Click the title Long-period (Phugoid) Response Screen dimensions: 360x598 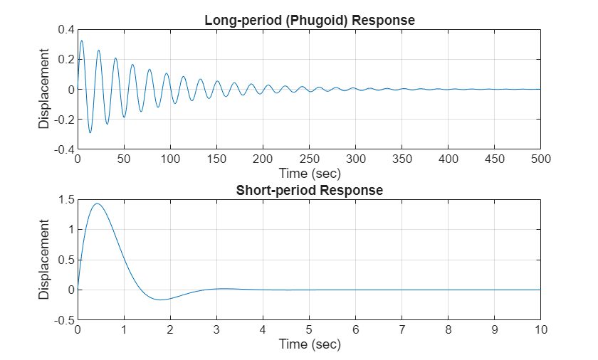click(x=309, y=21)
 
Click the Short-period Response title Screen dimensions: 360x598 click(x=309, y=191)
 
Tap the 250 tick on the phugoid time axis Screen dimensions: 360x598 click(x=310, y=159)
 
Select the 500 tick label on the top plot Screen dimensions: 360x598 click(x=540, y=159)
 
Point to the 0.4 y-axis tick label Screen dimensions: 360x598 click(x=66, y=29)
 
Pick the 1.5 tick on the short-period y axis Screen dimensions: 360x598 click(x=66, y=200)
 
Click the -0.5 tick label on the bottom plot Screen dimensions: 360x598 click(x=65, y=320)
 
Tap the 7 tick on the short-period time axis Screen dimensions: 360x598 click(x=402, y=330)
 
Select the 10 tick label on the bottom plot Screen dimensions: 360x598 click(x=540, y=330)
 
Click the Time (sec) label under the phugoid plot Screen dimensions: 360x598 click(x=309, y=173)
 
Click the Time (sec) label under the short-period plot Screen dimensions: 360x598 click(x=309, y=344)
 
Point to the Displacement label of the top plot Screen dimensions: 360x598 click(x=44, y=89)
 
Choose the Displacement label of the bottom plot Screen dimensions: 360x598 click(x=44, y=260)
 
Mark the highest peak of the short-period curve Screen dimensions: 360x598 click(x=97, y=203)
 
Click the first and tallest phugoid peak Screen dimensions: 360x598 click(x=81, y=41)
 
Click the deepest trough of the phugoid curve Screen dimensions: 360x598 click(x=90, y=132)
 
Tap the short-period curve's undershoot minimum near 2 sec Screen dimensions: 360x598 click(x=161, y=300)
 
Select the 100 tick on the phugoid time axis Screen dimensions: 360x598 click(x=170, y=159)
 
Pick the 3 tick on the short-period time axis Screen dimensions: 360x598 click(x=217, y=330)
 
